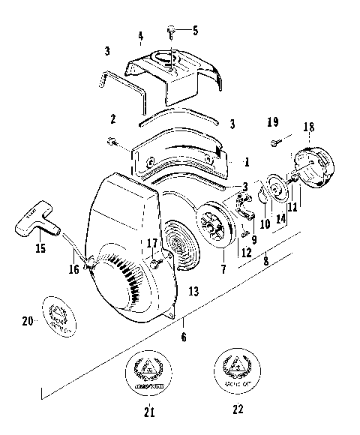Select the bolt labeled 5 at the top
point(172,31)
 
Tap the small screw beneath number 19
point(274,139)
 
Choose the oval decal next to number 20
point(67,314)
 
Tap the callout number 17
point(152,243)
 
